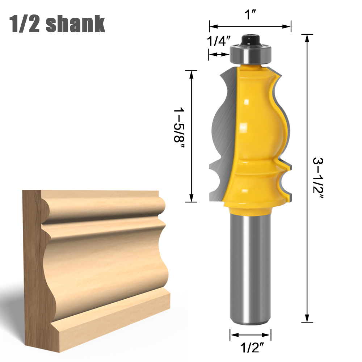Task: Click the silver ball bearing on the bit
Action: pos(250,55)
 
